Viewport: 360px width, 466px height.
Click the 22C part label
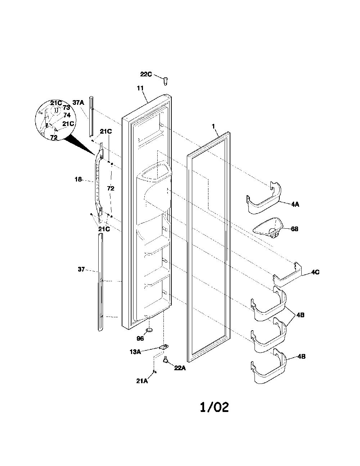coord(146,74)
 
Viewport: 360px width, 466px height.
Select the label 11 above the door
coord(140,88)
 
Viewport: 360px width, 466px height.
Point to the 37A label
coord(78,103)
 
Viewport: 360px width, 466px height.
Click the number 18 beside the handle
coord(78,179)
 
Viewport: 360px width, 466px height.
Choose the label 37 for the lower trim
coord(81,269)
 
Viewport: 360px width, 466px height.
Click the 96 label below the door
coord(140,339)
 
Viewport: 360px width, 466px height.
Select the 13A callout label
coord(135,352)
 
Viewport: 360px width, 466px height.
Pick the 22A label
coord(180,368)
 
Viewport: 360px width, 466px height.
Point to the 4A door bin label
coord(295,205)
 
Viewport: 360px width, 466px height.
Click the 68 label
coord(294,229)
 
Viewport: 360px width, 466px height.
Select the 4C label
coord(315,272)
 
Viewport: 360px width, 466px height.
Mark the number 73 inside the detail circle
coord(66,107)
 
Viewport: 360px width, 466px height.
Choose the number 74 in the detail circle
coord(67,115)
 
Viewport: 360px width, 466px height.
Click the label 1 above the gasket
coord(213,126)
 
